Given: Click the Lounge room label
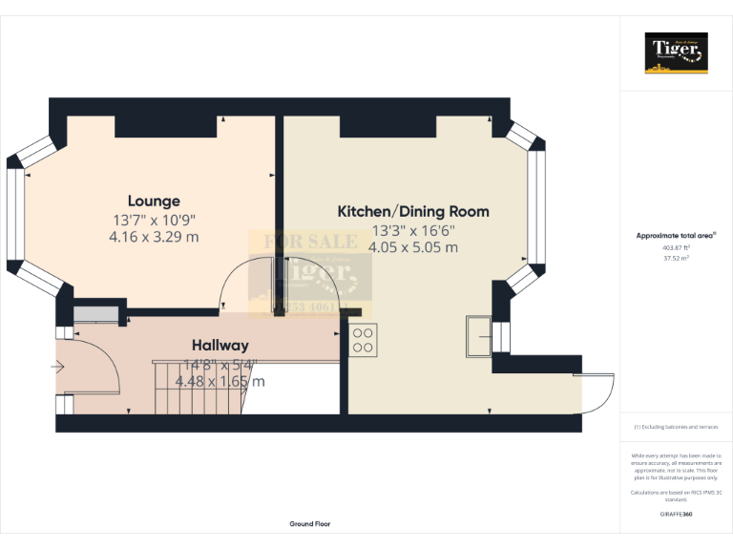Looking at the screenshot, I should (x=154, y=201).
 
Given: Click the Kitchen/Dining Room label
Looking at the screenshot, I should (x=413, y=211).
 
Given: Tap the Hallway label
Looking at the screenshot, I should (x=220, y=345).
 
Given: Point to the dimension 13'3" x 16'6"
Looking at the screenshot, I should (x=413, y=229).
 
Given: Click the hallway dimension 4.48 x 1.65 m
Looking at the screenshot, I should (x=220, y=381).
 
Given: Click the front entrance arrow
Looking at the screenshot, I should (x=58, y=366).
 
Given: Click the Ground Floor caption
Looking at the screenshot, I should (x=310, y=524).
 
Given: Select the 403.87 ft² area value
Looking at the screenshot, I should (x=677, y=246).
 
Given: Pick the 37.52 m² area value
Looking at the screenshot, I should (x=677, y=257).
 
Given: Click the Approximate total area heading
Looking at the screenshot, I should (x=676, y=235).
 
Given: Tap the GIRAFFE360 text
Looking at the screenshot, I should (x=677, y=514).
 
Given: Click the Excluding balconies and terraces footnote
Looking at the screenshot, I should (x=677, y=427).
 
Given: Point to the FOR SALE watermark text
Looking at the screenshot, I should (x=304, y=242).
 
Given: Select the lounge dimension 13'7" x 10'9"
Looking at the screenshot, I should (x=154, y=220).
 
